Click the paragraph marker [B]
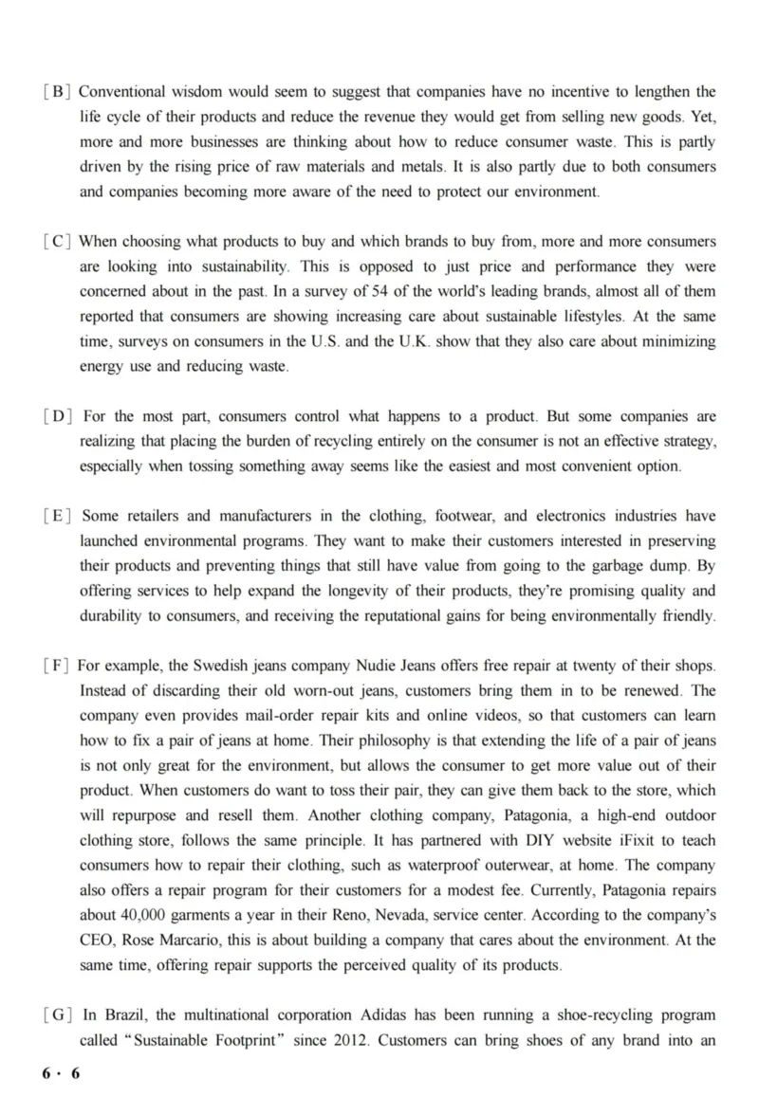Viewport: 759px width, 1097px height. [x=57, y=92]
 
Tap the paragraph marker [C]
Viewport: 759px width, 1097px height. [x=57, y=242]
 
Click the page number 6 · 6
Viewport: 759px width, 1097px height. [x=62, y=1073]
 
